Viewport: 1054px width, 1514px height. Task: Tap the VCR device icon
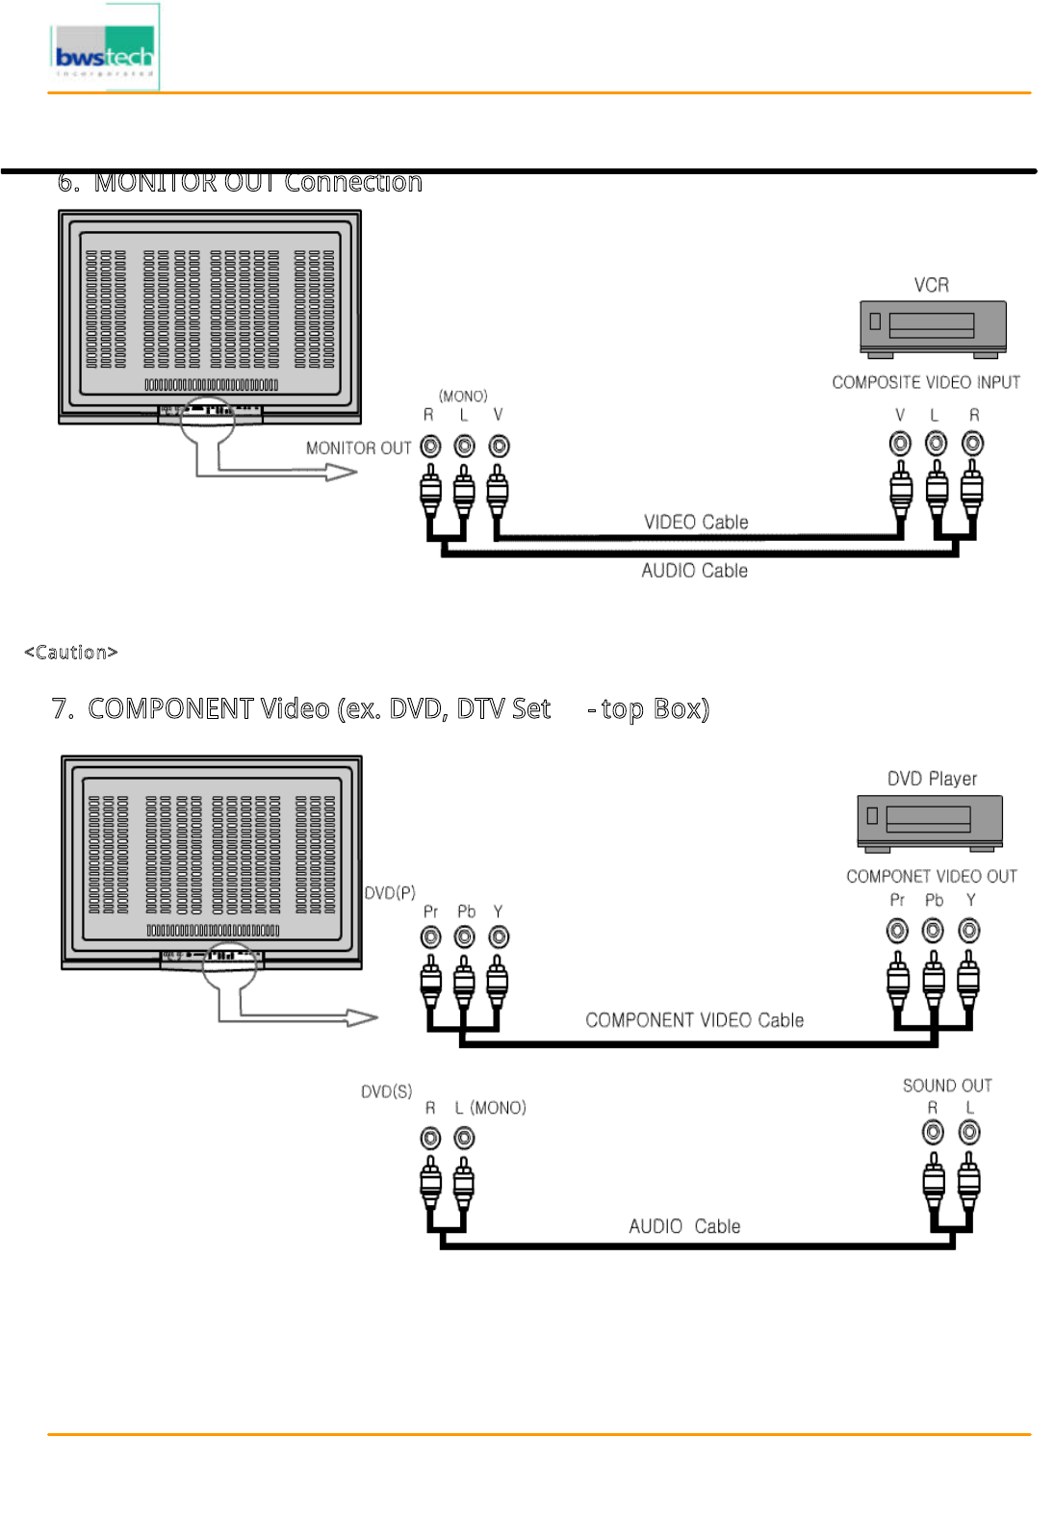pyautogui.click(x=932, y=327)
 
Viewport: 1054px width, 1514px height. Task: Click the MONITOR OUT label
pyautogui.click(x=358, y=449)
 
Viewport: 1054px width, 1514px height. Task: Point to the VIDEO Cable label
pyautogui.click(x=696, y=523)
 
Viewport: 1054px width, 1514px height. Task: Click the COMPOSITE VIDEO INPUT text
pyautogui.click(x=925, y=383)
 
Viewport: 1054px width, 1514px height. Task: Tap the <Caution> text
pyautogui.click(x=71, y=653)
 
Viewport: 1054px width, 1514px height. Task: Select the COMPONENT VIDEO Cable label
pyautogui.click(x=694, y=1020)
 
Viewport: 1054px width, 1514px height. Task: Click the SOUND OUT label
pyautogui.click(x=947, y=1086)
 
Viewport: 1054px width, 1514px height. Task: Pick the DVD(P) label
pyautogui.click(x=390, y=893)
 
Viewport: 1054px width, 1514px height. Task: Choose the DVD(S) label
pyautogui.click(x=386, y=1091)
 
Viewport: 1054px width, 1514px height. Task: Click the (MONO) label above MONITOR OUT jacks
pyautogui.click(x=463, y=397)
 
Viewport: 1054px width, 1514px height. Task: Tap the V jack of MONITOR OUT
pyautogui.click(x=499, y=447)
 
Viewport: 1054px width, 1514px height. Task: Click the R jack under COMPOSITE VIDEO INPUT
pyautogui.click(x=973, y=444)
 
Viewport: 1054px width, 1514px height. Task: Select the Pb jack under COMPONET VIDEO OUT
pyautogui.click(x=933, y=931)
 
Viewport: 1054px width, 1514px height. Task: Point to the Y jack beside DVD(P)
pyautogui.click(x=499, y=937)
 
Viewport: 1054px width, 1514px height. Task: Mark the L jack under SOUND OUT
pyautogui.click(x=969, y=1133)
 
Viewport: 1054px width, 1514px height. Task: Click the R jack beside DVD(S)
pyautogui.click(x=430, y=1139)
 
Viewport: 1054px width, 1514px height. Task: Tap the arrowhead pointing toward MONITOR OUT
pyautogui.click(x=342, y=473)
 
